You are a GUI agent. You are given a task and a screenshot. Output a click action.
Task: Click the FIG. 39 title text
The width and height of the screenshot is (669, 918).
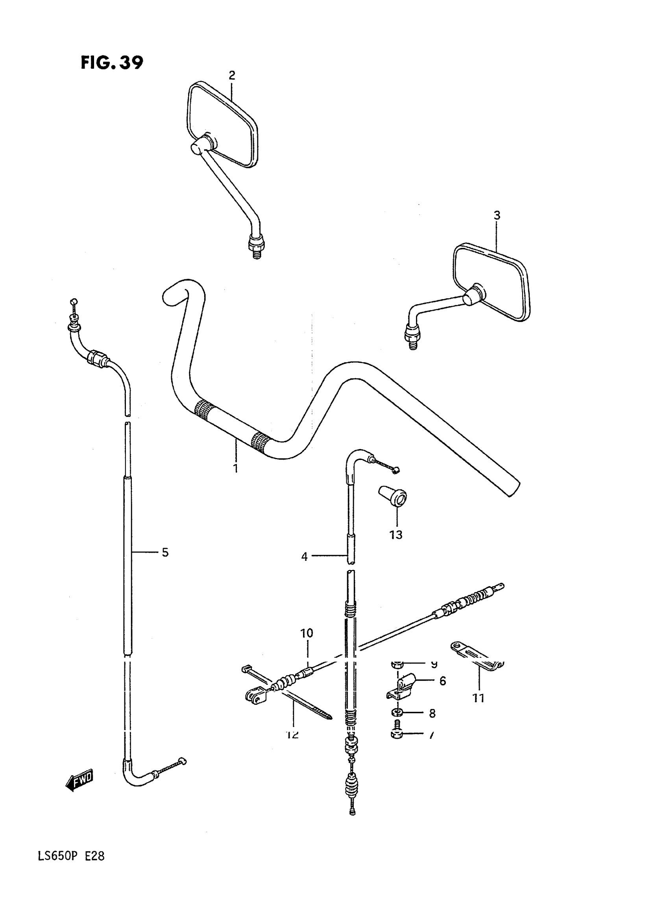pyautogui.click(x=112, y=63)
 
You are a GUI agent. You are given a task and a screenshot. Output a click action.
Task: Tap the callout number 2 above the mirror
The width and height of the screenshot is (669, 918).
pyautogui.click(x=232, y=75)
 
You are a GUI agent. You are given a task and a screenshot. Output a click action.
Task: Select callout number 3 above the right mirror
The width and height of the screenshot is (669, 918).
pyautogui.click(x=497, y=215)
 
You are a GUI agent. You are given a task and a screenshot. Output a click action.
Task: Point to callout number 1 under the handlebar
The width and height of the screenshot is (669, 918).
pyautogui.click(x=235, y=469)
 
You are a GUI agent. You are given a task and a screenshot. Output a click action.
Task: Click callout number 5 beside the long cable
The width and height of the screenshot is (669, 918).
pyautogui.click(x=165, y=552)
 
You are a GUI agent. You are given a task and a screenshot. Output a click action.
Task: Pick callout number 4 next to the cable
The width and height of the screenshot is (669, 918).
pyautogui.click(x=305, y=557)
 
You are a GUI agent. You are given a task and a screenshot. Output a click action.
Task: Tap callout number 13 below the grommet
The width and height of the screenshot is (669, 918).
pyautogui.click(x=395, y=534)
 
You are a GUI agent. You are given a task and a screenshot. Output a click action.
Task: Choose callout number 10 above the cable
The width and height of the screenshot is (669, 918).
pyautogui.click(x=307, y=633)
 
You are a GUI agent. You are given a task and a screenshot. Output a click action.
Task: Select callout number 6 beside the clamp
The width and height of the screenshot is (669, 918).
pyautogui.click(x=443, y=681)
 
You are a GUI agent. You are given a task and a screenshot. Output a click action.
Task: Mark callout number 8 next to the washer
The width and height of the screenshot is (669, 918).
pyautogui.click(x=432, y=713)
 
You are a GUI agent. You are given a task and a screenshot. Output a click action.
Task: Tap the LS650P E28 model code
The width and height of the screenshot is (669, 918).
pyautogui.click(x=71, y=856)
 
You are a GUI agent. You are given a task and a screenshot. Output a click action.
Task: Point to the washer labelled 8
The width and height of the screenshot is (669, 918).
pyautogui.click(x=397, y=713)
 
